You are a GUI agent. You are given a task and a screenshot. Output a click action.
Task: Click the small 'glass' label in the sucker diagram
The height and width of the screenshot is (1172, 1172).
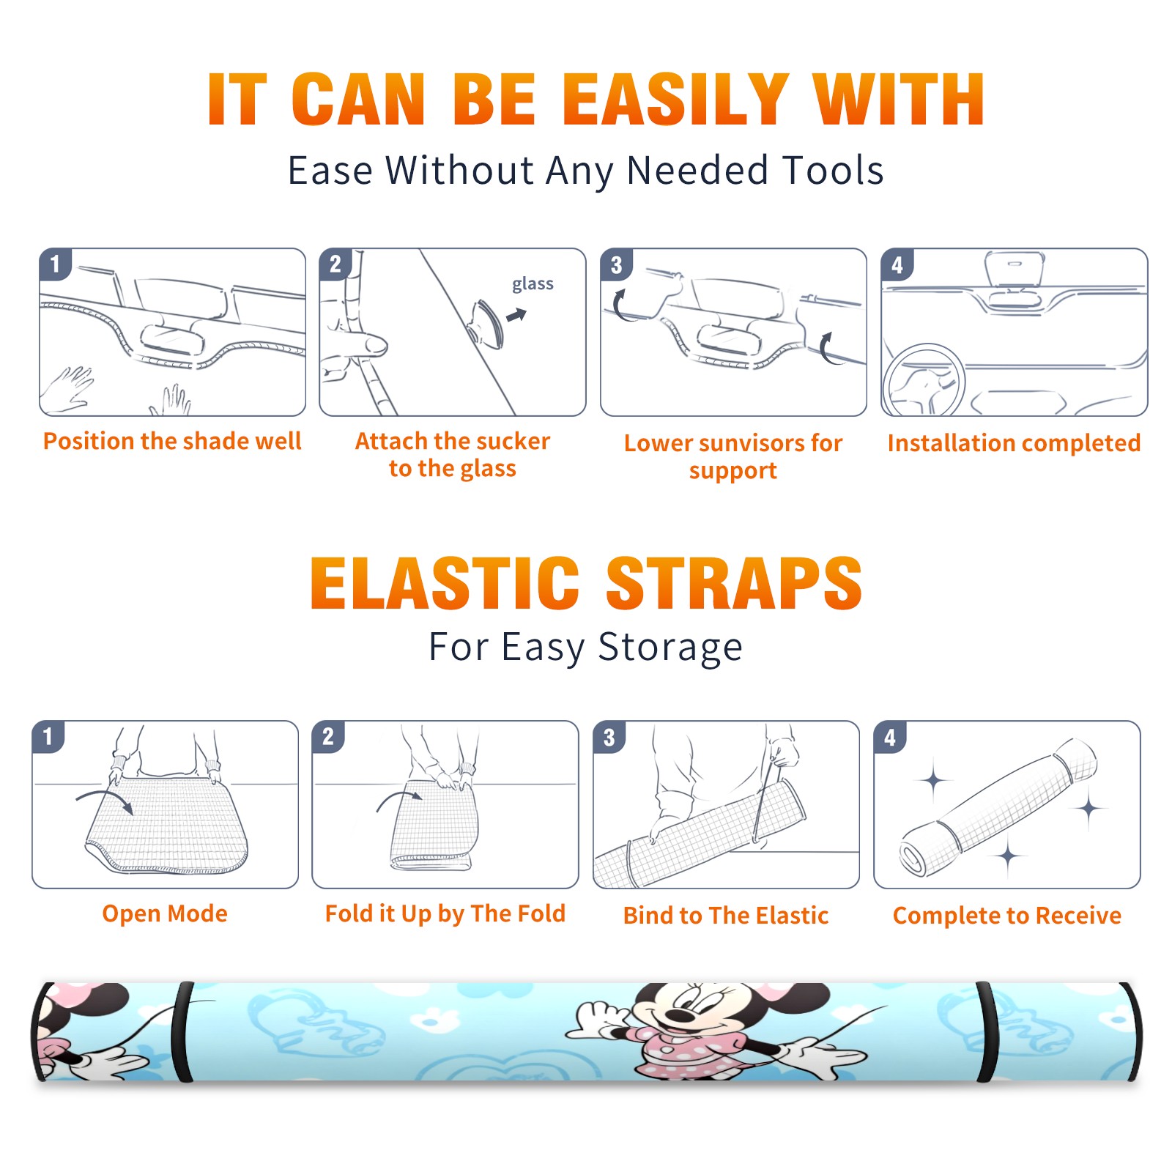coord(533,284)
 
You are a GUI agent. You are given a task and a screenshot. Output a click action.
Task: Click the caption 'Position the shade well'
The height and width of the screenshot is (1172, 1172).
coord(172,441)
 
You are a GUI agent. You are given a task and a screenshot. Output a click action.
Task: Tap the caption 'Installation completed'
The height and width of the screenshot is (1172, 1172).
coord(1014,443)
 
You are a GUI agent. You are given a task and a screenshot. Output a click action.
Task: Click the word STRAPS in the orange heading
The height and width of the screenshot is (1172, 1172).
coord(734,583)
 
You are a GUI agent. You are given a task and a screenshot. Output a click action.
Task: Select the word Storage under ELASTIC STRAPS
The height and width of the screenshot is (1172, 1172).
coord(670,648)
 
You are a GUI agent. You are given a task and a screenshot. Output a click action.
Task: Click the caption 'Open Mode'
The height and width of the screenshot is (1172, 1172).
coord(165,913)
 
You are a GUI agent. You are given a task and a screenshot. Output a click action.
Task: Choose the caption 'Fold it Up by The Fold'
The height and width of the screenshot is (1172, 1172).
coord(445,913)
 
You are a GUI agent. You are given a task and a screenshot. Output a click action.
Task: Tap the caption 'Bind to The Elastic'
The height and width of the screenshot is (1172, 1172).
coord(726,916)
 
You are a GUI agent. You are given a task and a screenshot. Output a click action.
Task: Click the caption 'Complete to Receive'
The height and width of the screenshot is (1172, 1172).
coord(1007,916)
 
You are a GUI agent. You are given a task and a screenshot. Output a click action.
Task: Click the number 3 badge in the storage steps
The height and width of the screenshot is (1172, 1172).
coord(609,737)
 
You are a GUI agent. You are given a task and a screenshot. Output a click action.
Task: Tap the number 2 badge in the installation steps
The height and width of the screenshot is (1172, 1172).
coord(335,264)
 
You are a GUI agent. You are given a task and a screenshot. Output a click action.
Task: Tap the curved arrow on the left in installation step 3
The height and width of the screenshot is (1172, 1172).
coord(620,306)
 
